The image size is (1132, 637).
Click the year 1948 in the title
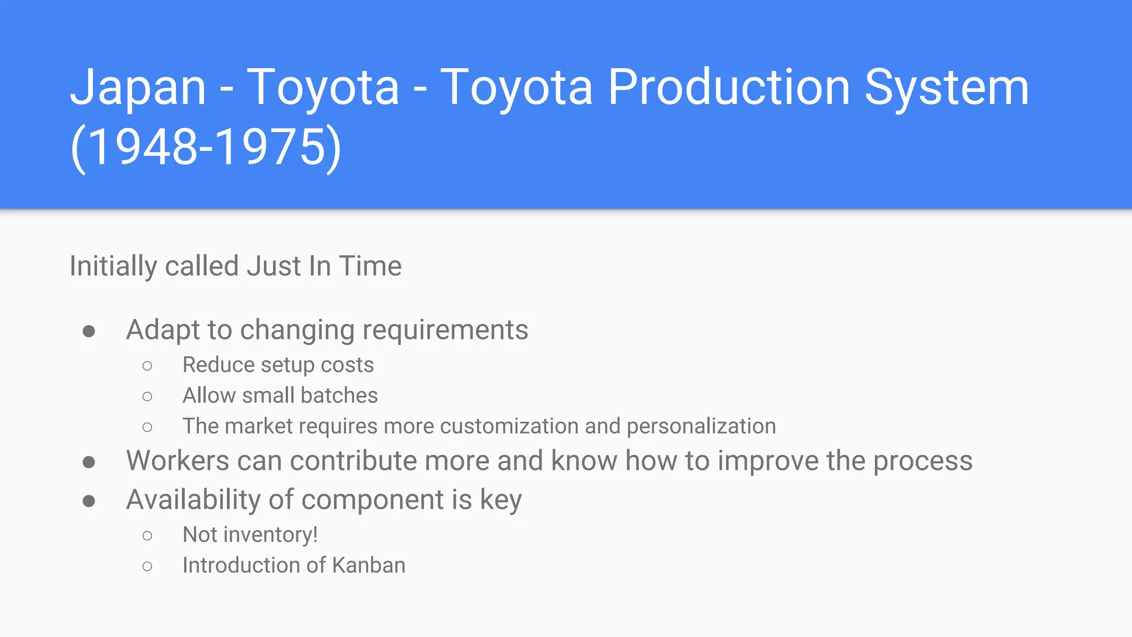tap(143, 147)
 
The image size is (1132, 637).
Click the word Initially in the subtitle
tap(113, 266)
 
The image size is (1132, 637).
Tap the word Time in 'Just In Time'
tap(370, 266)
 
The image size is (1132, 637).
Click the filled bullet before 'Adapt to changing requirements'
tap(89, 331)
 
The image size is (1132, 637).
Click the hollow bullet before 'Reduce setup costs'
tap(147, 366)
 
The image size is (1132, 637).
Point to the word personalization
tap(701, 426)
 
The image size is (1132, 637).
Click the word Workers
tap(177, 461)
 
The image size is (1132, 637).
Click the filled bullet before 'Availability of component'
tap(89, 501)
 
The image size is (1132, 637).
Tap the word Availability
tap(193, 500)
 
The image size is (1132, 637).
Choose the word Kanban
tap(369, 565)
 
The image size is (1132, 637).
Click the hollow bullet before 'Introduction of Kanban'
tap(147, 566)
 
